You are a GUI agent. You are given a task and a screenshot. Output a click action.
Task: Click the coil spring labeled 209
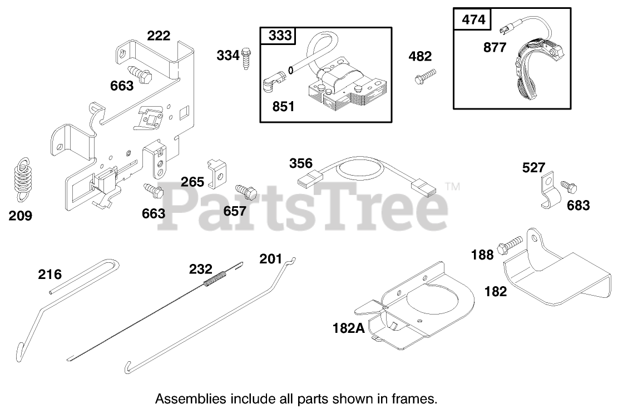(22, 176)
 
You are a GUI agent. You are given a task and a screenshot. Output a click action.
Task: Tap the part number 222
(159, 36)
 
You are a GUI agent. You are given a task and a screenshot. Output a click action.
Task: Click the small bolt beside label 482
(425, 77)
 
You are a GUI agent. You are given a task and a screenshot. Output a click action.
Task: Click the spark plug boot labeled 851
(270, 84)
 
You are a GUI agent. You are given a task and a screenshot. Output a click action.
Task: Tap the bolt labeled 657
(246, 192)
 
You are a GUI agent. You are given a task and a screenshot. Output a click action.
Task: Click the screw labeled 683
(568, 186)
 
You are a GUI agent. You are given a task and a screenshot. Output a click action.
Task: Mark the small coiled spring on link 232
(216, 277)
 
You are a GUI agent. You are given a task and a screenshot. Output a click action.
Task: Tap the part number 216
(50, 273)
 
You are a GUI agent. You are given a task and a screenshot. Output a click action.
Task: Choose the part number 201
(271, 259)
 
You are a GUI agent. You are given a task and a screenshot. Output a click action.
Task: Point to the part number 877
(495, 47)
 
